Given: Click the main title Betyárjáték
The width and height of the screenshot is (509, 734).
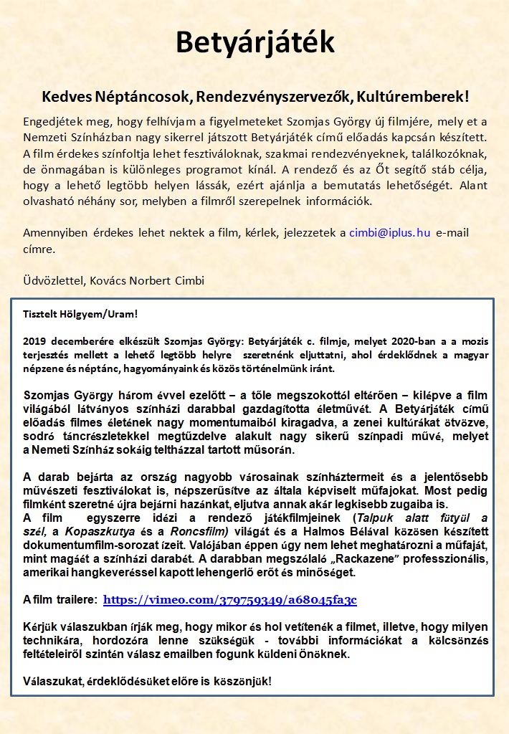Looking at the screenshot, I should click(x=255, y=44).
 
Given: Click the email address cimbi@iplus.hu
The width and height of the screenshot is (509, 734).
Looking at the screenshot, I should click(x=390, y=233).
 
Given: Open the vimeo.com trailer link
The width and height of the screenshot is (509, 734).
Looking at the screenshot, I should click(x=229, y=600).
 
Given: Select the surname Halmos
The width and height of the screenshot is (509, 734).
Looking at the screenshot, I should click(x=344, y=531).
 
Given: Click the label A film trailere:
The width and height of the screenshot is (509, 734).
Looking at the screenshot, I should click(x=60, y=600).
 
